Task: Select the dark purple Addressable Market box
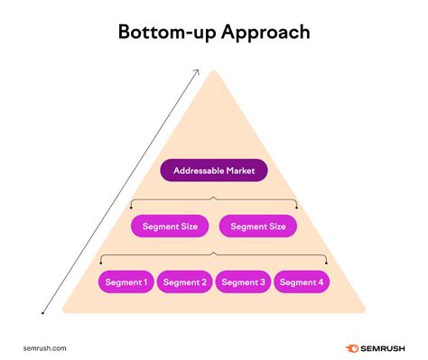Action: [x=213, y=170]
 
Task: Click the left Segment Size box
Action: [x=170, y=226]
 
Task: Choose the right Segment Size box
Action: [x=258, y=226]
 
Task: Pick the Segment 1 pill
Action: [x=126, y=282]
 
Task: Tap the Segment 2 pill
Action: [x=184, y=282]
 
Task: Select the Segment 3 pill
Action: [x=243, y=282]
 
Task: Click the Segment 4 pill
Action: [x=301, y=282]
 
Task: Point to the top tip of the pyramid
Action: [x=214, y=70]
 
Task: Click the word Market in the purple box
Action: [x=241, y=170]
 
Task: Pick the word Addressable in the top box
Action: [x=198, y=170]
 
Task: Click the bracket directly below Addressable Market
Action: [x=214, y=199]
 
